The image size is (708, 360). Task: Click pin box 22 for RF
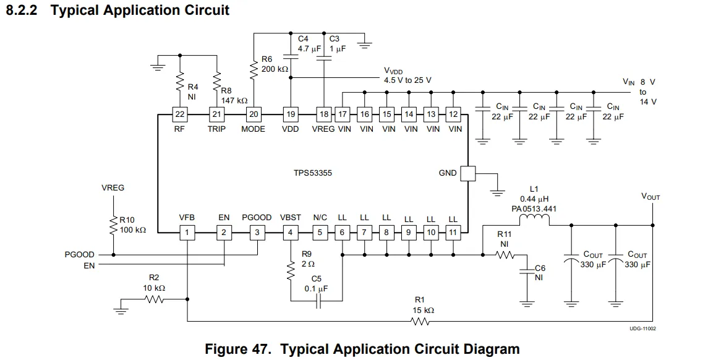(x=180, y=114)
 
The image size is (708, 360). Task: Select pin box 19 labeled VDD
(x=291, y=114)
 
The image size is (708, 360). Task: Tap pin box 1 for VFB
(x=187, y=233)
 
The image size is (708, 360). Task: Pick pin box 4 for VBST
(x=291, y=233)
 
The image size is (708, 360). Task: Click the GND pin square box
(x=468, y=173)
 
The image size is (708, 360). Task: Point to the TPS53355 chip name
(x=312, y=173)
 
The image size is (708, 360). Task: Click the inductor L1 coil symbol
(x=534, y=220)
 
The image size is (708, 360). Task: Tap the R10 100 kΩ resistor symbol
(x=113, y=226)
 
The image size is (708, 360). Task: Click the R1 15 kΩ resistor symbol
(x=420, y=322)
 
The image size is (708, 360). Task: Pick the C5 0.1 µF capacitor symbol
(x=318, y=301)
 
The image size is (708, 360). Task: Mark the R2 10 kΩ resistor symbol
(x=154, y=299)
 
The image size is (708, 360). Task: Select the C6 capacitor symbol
(x=527, y=271)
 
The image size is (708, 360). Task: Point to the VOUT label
(x=650, y=197)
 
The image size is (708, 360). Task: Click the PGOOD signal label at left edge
(x=80, y=255)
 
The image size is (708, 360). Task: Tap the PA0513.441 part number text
(x=534, y=209)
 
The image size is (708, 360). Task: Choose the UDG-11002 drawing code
(x=643, y=328)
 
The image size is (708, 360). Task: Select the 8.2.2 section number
(x=21, y=10)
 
